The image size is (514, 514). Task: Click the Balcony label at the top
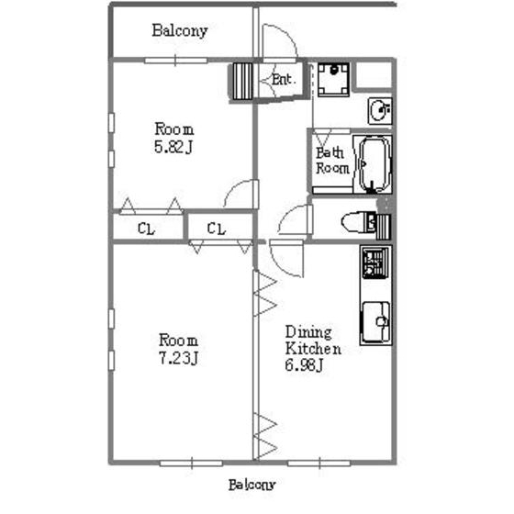click(180, 31)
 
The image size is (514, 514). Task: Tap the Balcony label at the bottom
click(251, 485)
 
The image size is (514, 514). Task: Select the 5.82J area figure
click(173, 147)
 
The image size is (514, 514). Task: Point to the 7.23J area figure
click(178, 358)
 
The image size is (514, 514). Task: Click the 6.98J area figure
click(304, 365)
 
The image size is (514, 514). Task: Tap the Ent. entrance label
click(284, 80)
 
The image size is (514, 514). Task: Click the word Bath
click(330, 152)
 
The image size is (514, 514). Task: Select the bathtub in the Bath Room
click(375, 164)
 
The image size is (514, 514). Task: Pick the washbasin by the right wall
click(380, 111)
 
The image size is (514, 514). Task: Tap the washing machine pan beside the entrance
click(334, 80)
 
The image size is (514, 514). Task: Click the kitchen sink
click(376, 322)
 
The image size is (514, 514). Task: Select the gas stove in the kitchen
click(376, 263)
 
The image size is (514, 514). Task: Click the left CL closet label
click(147, 229)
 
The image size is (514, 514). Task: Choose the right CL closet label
click(217, 229)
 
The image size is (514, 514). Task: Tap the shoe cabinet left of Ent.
click(243, 82)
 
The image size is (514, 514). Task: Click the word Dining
click(308, 332)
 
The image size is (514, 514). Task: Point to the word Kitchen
click(313, 348)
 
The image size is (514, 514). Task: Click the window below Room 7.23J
click(191, 464)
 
